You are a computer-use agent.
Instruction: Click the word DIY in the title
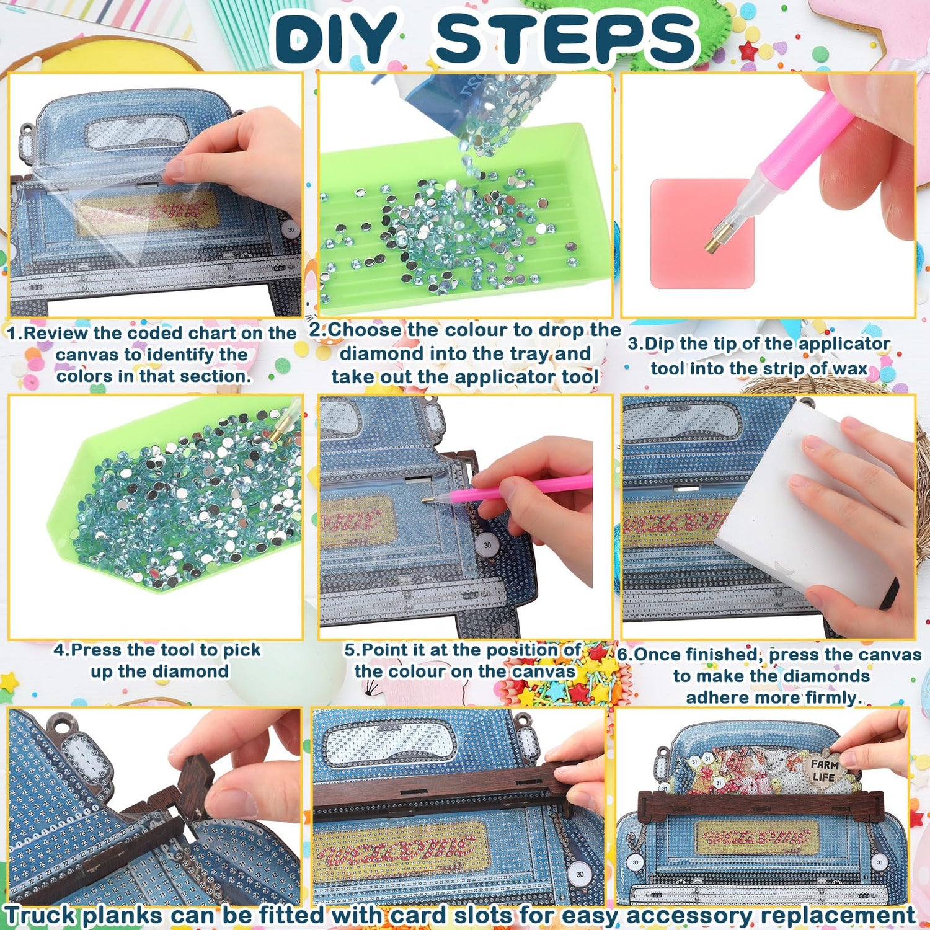click(x=335, y=38)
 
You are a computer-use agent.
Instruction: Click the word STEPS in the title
click(x=565, y=38)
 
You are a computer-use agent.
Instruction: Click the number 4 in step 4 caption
click(x=59, y=650)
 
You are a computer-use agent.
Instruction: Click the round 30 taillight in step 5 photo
click(x=487, y=545)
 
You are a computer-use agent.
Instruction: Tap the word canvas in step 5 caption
click(x=544, y=671)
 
